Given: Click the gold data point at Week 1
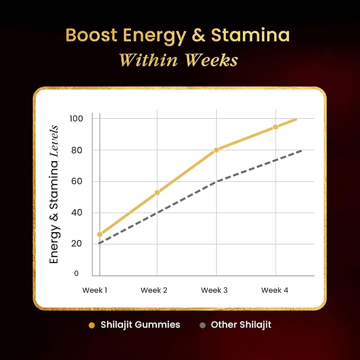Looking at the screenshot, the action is (x=100, y=234).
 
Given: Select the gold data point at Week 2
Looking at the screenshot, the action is (x=157, y=192).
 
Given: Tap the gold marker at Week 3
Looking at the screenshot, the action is (x=216, y=150).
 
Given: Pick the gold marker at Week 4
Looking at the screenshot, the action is (x=276, y=127).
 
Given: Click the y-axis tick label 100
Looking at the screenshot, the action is (x=76, y=119).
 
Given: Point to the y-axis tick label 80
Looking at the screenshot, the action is (x=77, y=151).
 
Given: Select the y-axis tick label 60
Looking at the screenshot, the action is (x=77, y=181).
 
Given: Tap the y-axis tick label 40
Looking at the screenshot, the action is (x=77, y=213).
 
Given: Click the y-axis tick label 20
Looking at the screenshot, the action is (x=77, y=243).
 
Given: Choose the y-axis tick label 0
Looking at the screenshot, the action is (x=76, y=273).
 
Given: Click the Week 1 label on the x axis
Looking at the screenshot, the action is (x=95, y=290).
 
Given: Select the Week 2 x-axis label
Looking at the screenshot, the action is (x=154, y=290).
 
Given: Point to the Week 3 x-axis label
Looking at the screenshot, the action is (x=214, y=290).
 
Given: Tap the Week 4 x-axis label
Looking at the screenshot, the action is (x=275, y=290).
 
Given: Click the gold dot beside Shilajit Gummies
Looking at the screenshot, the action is (x=92, y=326).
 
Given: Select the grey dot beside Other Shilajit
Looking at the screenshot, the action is (x=203, y=326).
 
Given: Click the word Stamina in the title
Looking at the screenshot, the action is (x=250, y=35).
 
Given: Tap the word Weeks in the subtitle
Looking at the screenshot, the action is (x=212, y=60).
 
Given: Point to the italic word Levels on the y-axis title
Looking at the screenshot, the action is (x=55, y=141).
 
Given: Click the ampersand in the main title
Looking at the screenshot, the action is (x=198, y=35).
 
